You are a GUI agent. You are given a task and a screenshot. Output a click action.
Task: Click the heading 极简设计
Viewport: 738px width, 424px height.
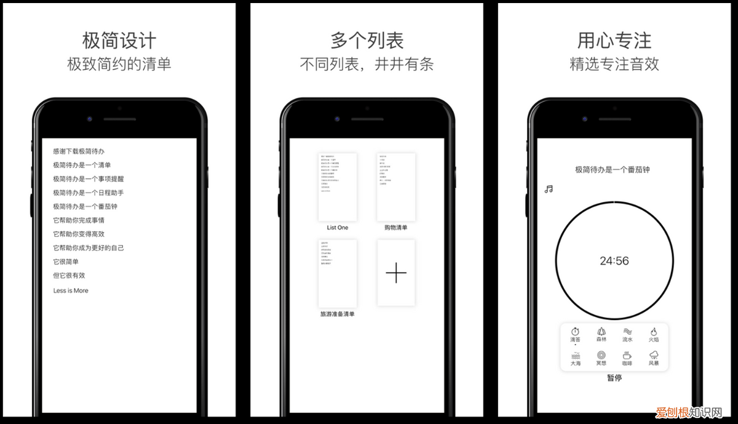click(119, 41)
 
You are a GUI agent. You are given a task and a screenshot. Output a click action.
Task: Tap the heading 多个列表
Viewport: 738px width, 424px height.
click(367, 41)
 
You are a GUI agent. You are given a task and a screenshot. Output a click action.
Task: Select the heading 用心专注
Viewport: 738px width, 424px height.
click(614, 41)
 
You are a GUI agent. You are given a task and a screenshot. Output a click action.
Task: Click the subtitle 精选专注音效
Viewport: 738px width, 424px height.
click(614, 64)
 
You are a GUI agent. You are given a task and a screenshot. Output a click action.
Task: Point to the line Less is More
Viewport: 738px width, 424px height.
click(71, 290)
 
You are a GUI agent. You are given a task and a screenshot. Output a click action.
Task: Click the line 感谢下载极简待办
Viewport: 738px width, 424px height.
click(79, 151)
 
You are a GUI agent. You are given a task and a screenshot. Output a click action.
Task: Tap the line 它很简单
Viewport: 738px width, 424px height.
click(66, 262)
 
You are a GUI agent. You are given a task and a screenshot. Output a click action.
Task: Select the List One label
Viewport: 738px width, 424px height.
click(337, 228)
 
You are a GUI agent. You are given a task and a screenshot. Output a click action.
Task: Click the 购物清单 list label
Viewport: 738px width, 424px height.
click(395, 228)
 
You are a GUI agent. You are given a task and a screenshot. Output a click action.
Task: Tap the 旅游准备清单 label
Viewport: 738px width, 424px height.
click(337, 314)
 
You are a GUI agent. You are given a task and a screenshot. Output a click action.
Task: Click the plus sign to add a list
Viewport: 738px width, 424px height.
click(396, 273)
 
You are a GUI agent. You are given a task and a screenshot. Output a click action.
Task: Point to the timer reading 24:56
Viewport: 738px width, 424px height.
click(614, 261)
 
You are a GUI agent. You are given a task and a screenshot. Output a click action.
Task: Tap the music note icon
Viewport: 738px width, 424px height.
click(549, 189)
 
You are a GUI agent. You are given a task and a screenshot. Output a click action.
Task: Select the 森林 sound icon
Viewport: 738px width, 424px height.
click(601, 331)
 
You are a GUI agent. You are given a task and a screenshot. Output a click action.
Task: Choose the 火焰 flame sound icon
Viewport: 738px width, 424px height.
click(654, 331)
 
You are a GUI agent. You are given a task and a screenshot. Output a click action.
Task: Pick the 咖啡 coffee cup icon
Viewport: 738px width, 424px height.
click(627, 355)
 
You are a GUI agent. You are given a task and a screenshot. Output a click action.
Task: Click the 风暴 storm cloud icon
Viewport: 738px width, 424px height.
click(654, 355)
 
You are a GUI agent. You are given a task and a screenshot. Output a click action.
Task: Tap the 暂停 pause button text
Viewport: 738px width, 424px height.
click(614, 378)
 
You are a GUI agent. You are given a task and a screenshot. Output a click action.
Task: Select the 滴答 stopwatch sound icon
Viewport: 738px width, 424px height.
click(576, 331)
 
